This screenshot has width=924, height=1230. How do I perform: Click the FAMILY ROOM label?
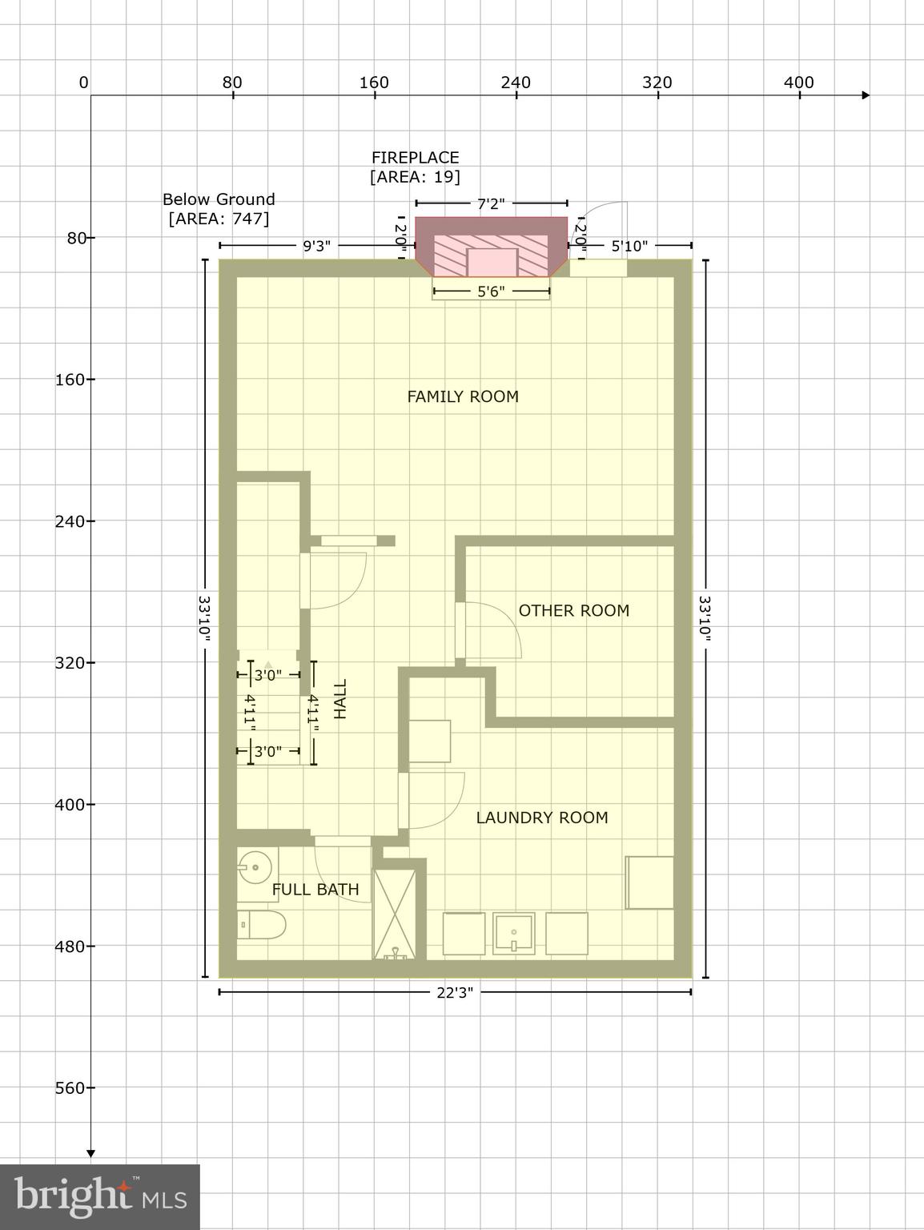click(463, 396)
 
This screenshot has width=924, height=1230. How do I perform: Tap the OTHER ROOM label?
click(573, 610)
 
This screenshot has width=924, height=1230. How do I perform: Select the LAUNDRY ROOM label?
click(542, 818)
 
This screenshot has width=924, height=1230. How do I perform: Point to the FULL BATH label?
click(315, 890)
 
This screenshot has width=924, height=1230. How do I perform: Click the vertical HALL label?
click(340, 699)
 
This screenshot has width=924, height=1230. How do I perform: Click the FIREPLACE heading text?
click(415, 158)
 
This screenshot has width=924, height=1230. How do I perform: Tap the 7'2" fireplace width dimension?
click(491, 204)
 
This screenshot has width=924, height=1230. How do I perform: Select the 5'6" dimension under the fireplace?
click(491, 291)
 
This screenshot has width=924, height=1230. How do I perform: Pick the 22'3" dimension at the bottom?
click(455, 993)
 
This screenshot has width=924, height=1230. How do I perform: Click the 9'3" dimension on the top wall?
click(316, 246)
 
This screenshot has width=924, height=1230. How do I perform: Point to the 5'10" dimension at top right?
click(629, 246)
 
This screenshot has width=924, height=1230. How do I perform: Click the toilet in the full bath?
click(261, 925)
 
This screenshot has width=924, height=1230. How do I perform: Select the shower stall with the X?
click(395, 914)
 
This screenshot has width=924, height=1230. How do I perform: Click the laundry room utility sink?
click(513, 933)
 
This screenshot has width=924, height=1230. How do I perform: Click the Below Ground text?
click(219, 199)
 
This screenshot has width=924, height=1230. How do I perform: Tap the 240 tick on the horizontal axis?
click(516, 82)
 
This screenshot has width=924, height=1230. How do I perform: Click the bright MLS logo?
click(100, 1197)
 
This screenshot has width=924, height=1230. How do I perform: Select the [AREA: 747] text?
click(219, 219)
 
